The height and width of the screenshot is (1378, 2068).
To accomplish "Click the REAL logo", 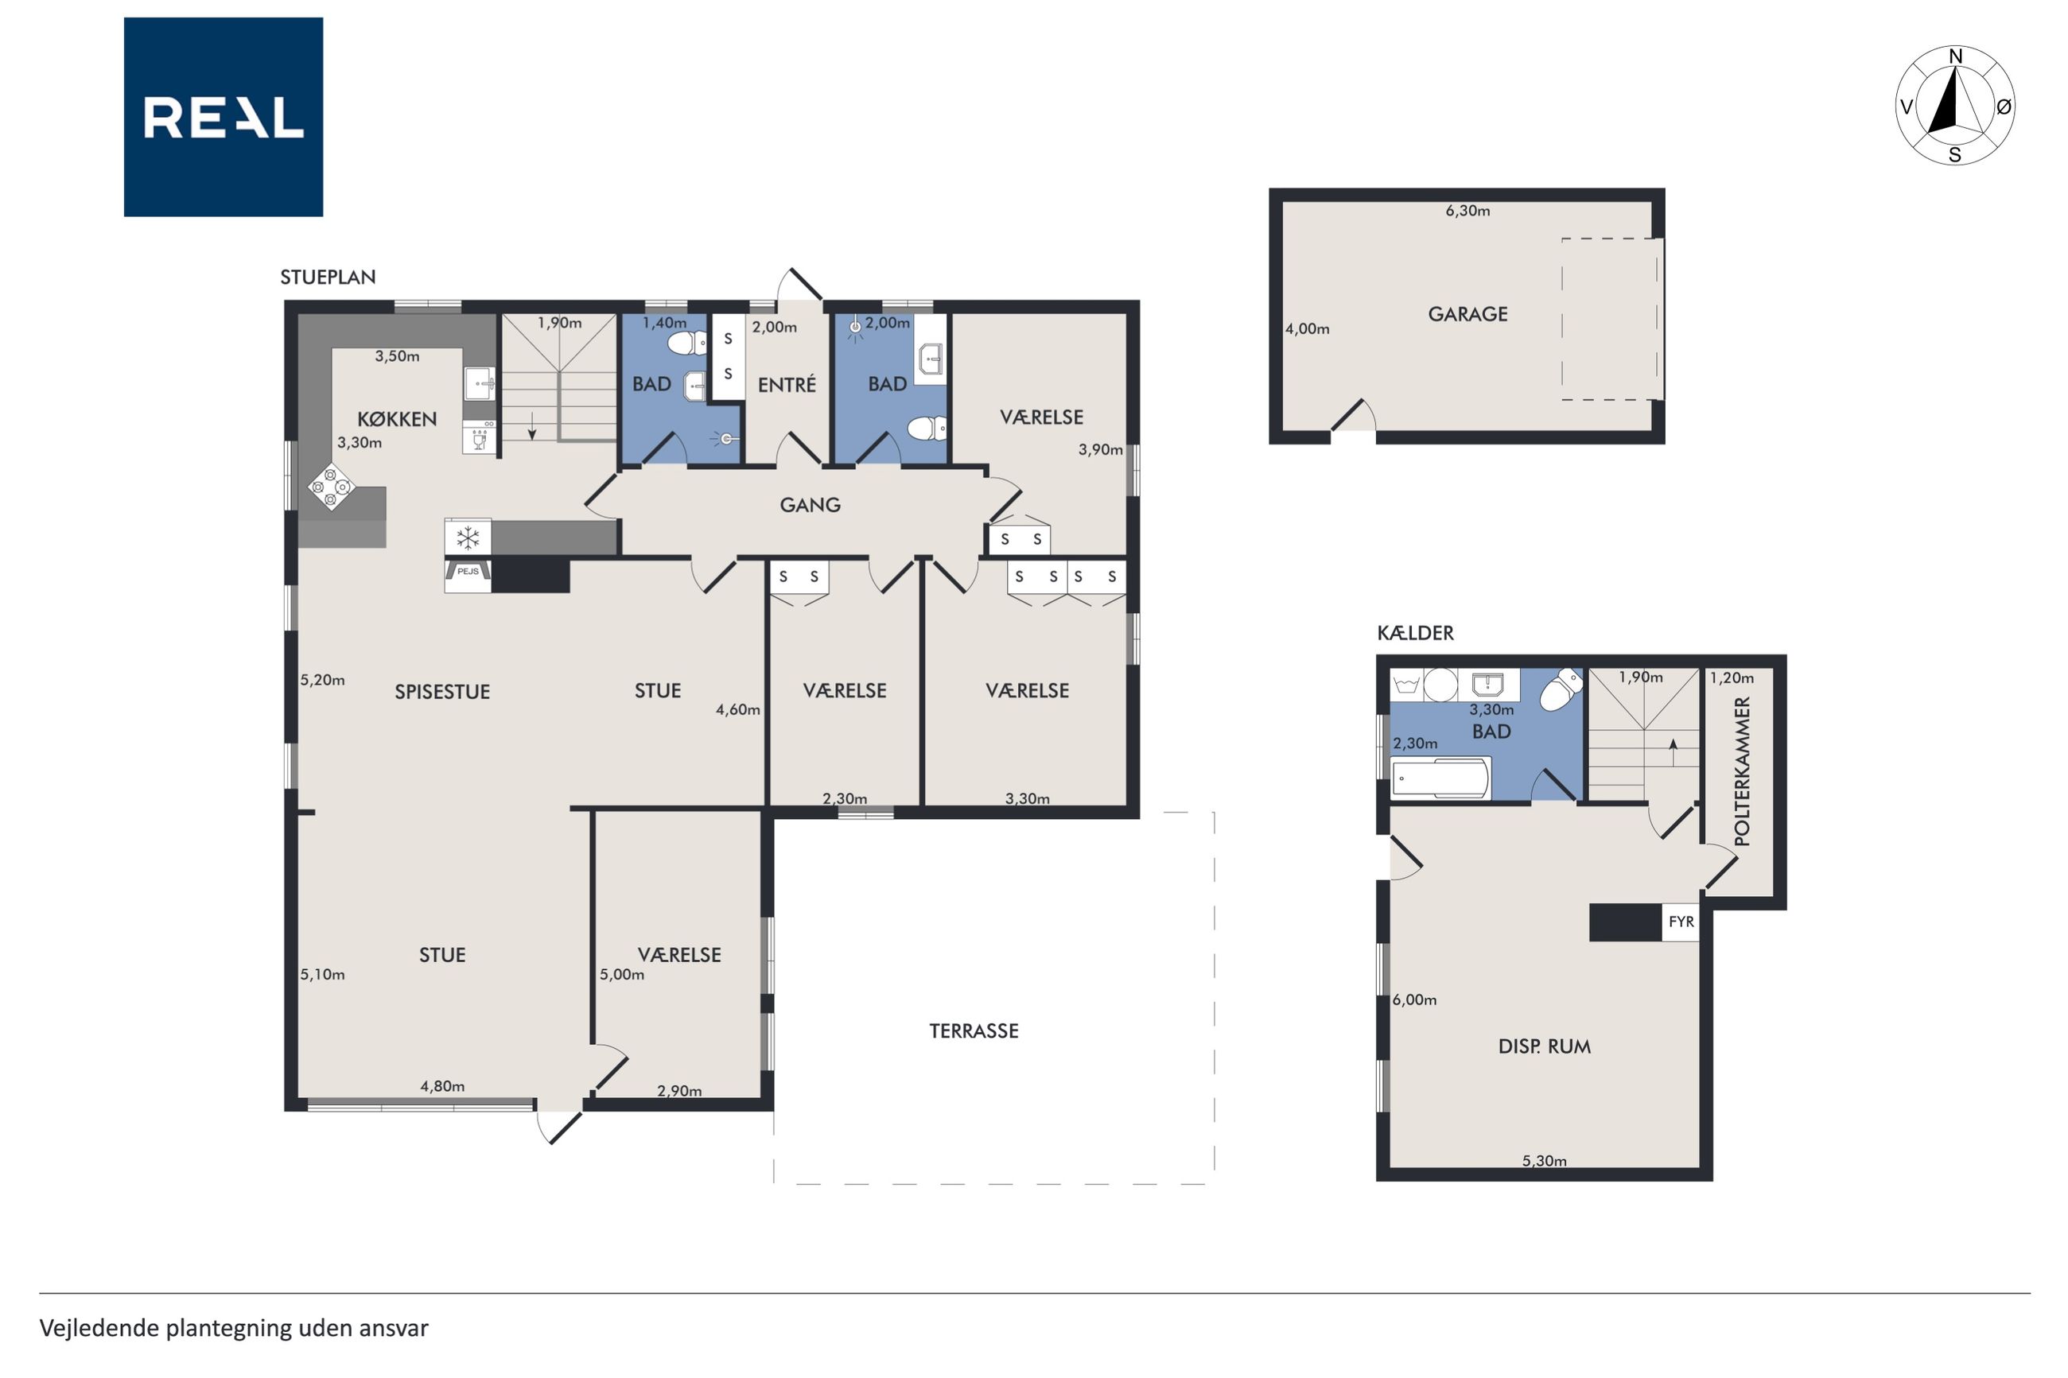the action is click(x=224, y=117).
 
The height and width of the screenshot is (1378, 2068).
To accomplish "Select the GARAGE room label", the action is click(x=1467, y=314).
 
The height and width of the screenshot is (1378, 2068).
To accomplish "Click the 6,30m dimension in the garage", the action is click(x=1467, y=211).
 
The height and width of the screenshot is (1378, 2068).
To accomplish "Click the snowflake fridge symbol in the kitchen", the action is click(x=468, y=537).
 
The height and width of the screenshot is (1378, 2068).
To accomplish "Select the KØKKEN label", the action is click(x=396, y=419).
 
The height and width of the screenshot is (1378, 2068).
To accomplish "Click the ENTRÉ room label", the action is click(x=787, y=384).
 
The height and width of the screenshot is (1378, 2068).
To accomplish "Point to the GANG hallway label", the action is click(x=810, y=504).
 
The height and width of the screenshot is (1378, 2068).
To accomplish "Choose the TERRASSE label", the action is click(x=974, y=1031).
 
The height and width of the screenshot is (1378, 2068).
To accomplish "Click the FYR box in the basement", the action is click(x=1681, y=922).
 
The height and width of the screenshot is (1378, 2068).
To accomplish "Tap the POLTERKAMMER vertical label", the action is click(x=1742, y=771).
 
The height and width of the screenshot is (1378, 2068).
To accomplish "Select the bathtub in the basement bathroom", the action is click(x=1441, y=778).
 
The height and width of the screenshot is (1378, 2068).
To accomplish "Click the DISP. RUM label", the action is click(x=1544, y=1046).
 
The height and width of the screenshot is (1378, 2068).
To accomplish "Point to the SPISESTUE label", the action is click(x=442, y=692).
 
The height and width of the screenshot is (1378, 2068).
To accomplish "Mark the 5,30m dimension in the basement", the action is click(x=1544, y=1161).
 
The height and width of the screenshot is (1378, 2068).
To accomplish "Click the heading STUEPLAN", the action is click(x=328, y=278).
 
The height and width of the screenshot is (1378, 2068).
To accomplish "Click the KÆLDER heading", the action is click(x=1415, y=633).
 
